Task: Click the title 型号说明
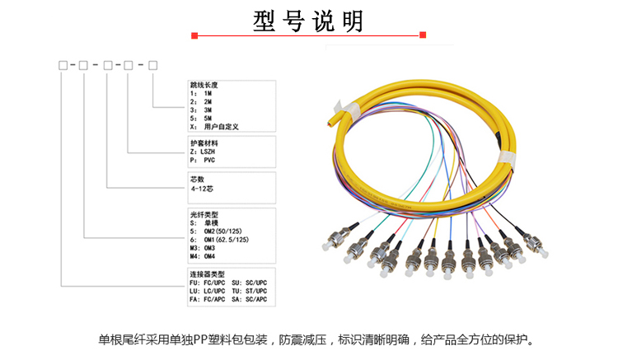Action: (x=308, y=20)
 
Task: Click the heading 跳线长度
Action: (x=204, y=85)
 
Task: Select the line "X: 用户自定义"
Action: (x=220, y=128)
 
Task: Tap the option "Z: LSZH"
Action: (x=207, y=152)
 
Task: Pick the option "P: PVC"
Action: (x=204, y=161)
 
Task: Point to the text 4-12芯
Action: (x=202, y=189)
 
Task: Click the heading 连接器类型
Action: (x=207, y=274)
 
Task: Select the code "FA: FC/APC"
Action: (x=208, y=300)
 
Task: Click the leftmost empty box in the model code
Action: (x=63, y=63)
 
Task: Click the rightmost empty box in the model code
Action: (x=152, y=63)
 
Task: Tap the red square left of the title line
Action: (x=194, y=35)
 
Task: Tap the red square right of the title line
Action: (x=423, y=35)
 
